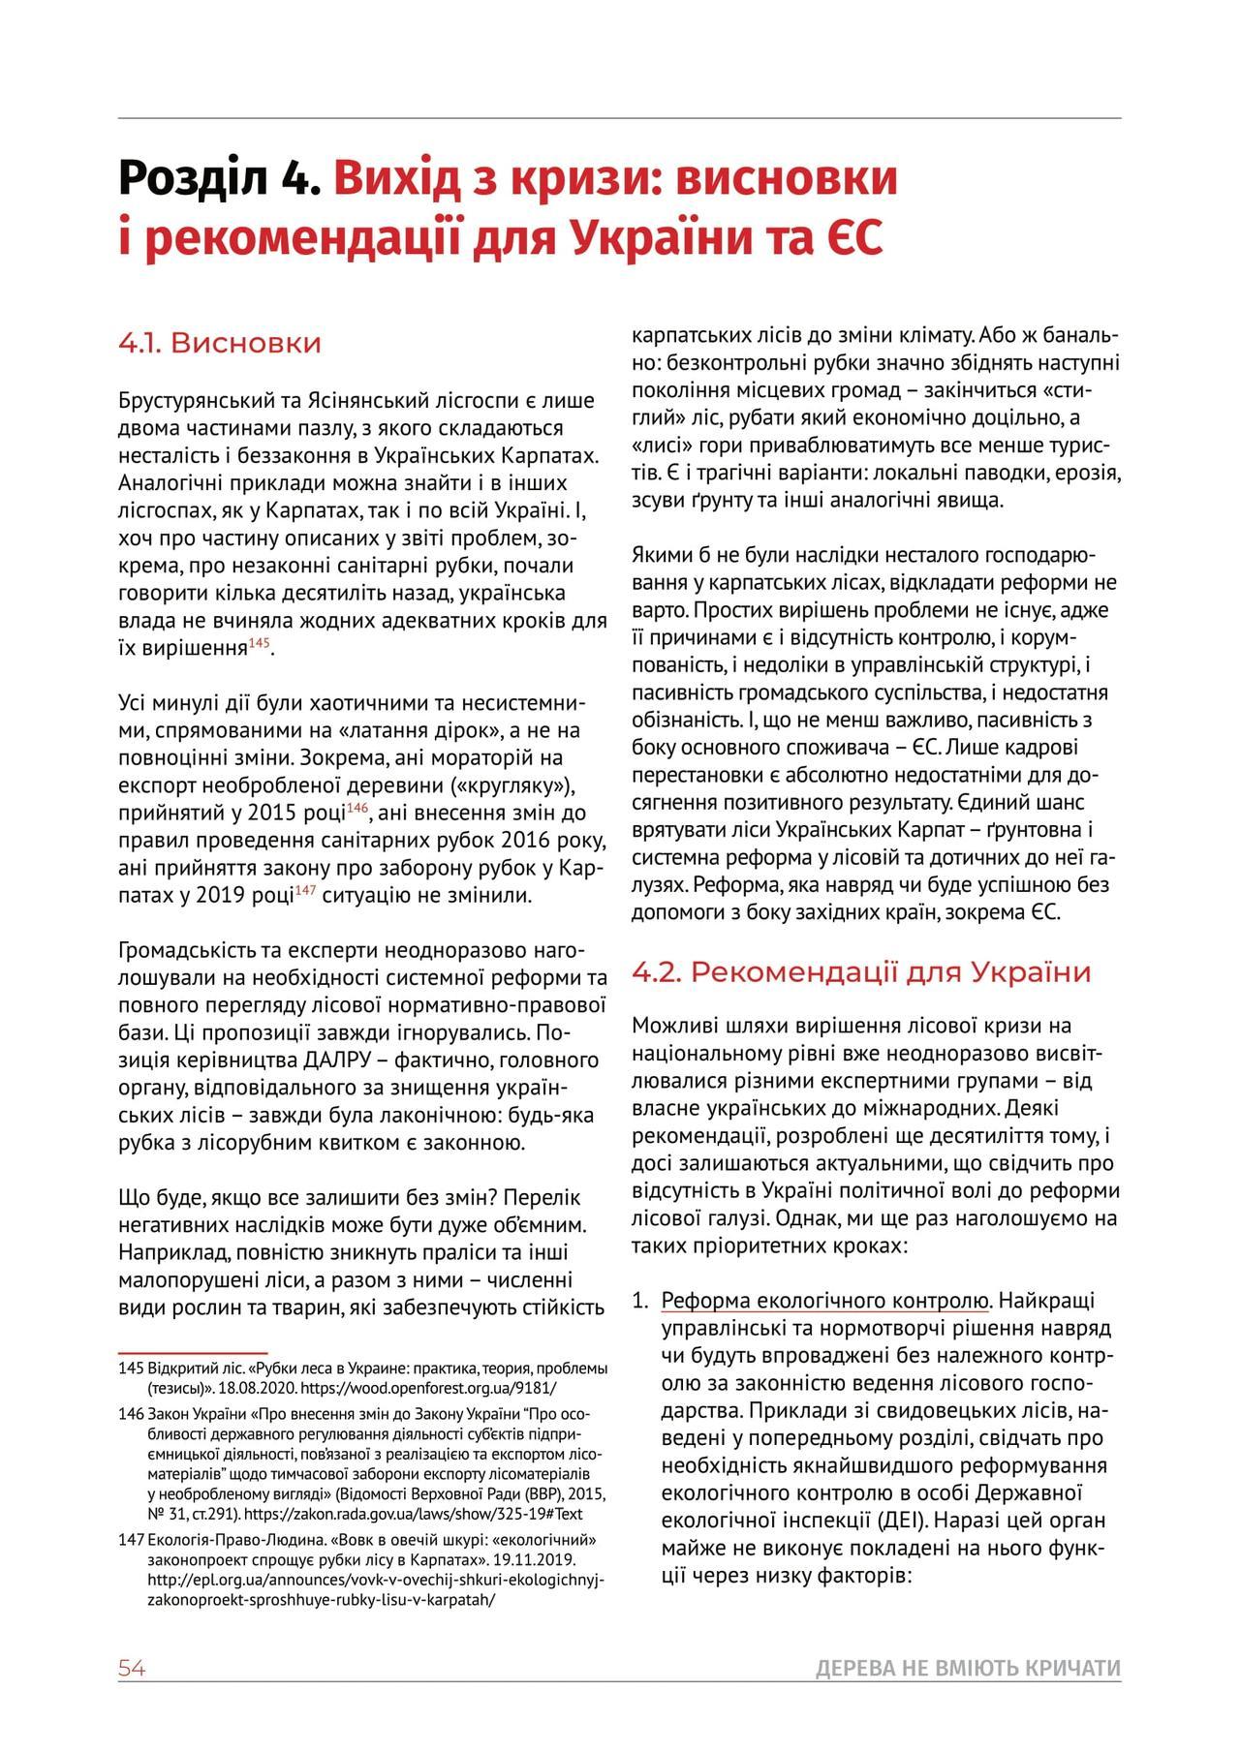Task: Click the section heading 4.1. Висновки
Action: [219, 344]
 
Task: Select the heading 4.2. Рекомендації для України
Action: [861, 971]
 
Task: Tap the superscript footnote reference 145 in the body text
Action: [260, 643]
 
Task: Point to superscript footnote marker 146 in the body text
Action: [357, 808]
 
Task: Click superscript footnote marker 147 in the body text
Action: [306, 890]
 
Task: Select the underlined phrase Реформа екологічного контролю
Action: [824, 1300]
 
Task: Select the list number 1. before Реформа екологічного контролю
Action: [640, 1300]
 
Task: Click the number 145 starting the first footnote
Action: [131, 1369]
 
